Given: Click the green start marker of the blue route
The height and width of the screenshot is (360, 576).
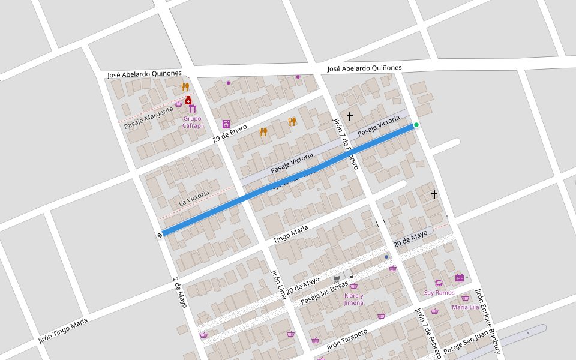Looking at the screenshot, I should coord(416,125).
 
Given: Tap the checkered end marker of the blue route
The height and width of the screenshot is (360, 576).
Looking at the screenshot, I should coord(160,235).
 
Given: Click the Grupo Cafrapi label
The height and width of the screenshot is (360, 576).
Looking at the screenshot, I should coord(193,122).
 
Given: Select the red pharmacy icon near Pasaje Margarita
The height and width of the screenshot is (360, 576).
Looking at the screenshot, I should coord(188,100).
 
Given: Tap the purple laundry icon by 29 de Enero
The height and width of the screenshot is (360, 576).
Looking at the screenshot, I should coord(226,124).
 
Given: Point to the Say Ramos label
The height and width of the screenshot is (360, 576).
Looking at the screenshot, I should coord(439,293).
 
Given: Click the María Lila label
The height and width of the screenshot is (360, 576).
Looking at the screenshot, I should coord(466,307).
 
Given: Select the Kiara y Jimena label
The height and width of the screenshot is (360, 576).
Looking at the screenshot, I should coord(353,299).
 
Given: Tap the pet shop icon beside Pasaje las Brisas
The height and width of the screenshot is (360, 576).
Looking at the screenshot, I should coord(337,279).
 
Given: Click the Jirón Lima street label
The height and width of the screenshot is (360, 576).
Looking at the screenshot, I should coord(279,284).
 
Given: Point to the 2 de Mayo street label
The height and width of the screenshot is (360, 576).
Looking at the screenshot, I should coord(179,292).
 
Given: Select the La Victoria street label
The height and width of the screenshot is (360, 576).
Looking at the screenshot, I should coord(194,199).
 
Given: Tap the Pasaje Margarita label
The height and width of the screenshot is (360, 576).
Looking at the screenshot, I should coord(149,117).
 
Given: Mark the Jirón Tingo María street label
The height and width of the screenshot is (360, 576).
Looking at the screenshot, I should coord(63,331).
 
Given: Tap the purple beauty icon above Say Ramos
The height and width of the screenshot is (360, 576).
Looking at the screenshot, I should coord(439,283).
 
